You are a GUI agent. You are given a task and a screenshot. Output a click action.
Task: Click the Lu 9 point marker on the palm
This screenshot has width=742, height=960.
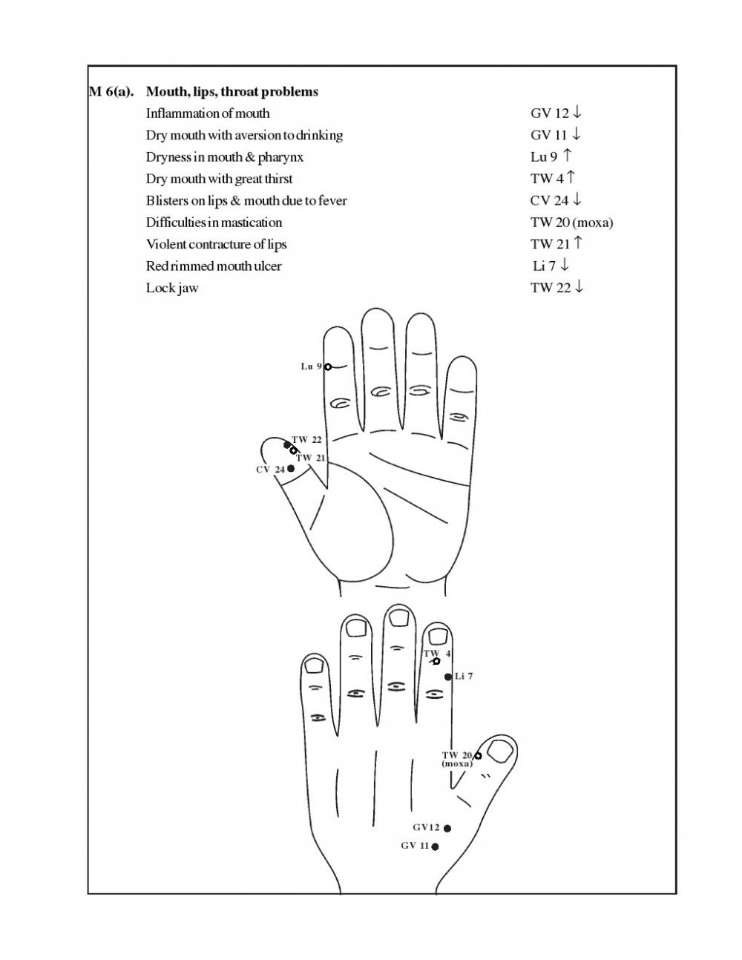tap(328, 366)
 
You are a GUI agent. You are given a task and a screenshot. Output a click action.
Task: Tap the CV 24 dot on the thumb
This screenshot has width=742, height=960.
tap(291, 468)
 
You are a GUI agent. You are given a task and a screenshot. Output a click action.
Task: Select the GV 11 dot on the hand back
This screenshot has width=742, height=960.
tap(435, 846)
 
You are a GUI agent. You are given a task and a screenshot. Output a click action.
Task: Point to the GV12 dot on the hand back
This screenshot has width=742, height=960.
tap(447, 829)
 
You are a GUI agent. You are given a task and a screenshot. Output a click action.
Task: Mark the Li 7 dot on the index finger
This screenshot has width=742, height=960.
tap(448, 677)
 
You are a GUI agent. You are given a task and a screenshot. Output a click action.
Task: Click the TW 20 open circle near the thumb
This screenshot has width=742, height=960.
tap(477, 756)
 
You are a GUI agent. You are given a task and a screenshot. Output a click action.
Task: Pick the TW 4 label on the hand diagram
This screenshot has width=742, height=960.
tap(437, 654)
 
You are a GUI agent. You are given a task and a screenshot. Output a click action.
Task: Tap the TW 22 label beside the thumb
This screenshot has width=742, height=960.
tap(306, 440)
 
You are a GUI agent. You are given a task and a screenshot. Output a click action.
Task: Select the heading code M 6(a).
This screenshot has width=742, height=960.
tap(111, 91)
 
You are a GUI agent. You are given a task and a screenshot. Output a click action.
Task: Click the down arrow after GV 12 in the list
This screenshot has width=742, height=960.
tap(577, 112)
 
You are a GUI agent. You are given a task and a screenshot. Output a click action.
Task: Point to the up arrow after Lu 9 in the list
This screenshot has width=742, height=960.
tap(567, 156)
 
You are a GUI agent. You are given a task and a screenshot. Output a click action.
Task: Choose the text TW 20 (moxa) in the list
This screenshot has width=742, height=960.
tap(571, 223)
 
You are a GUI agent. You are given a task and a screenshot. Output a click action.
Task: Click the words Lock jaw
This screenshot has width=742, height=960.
tap(172, 289)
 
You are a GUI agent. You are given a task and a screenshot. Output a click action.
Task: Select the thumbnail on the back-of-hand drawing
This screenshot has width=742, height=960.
tap(500, 752)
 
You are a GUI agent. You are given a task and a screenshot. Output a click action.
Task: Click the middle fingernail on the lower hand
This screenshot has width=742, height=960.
tap(400, 617)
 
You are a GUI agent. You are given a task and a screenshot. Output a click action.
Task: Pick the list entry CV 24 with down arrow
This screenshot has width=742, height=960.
tap(556, 200)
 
